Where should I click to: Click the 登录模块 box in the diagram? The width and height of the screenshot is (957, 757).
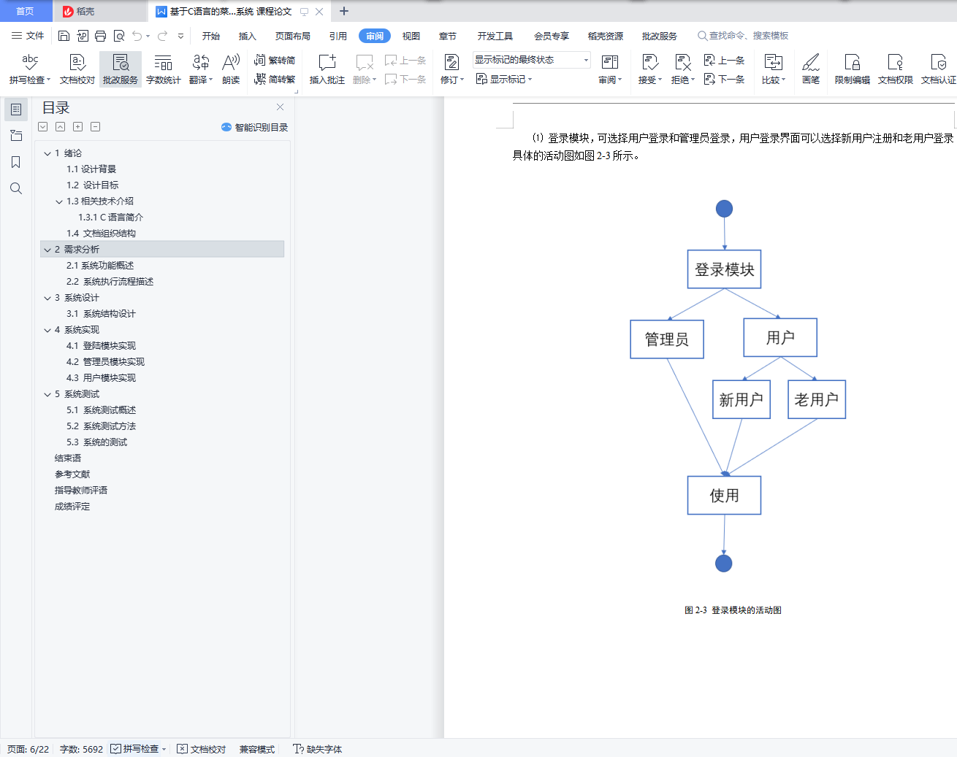tap(724, 269)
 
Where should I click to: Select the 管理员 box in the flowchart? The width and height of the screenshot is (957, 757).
tap(666, 339)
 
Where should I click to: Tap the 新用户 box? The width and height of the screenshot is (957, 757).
tap(741, 399)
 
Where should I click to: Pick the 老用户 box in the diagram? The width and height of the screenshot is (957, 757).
tap(817, 399)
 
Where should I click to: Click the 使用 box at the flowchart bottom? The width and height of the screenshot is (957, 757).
tap(724, 495)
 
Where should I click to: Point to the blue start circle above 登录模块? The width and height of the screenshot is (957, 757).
tap(724, 209)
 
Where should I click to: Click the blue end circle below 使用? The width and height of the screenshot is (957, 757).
tap(723, 564)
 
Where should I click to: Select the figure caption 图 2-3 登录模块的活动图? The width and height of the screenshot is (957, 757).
tap(733, 610)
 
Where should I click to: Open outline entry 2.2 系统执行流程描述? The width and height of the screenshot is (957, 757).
tap(110, 281)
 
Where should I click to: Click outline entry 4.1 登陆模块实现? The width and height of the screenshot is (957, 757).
tap(101, 345)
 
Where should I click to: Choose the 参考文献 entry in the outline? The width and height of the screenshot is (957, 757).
tap(72, 474)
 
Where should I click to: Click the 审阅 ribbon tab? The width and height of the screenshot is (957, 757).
tap(375, 36)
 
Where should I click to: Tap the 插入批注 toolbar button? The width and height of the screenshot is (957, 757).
tap(327, 69)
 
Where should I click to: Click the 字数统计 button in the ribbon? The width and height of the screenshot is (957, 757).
tap(163, 69)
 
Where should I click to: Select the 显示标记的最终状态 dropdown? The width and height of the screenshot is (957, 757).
tap(531, 60)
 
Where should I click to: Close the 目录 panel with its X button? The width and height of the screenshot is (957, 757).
tap(280, 107)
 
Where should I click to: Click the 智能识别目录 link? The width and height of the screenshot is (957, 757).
tap(254, 127)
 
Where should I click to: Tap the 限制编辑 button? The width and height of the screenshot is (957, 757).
tap(852, 69)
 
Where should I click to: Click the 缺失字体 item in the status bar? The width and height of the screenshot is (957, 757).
tap(318, 749)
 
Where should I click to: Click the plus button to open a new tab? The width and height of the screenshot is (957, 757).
tap(344, 11)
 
